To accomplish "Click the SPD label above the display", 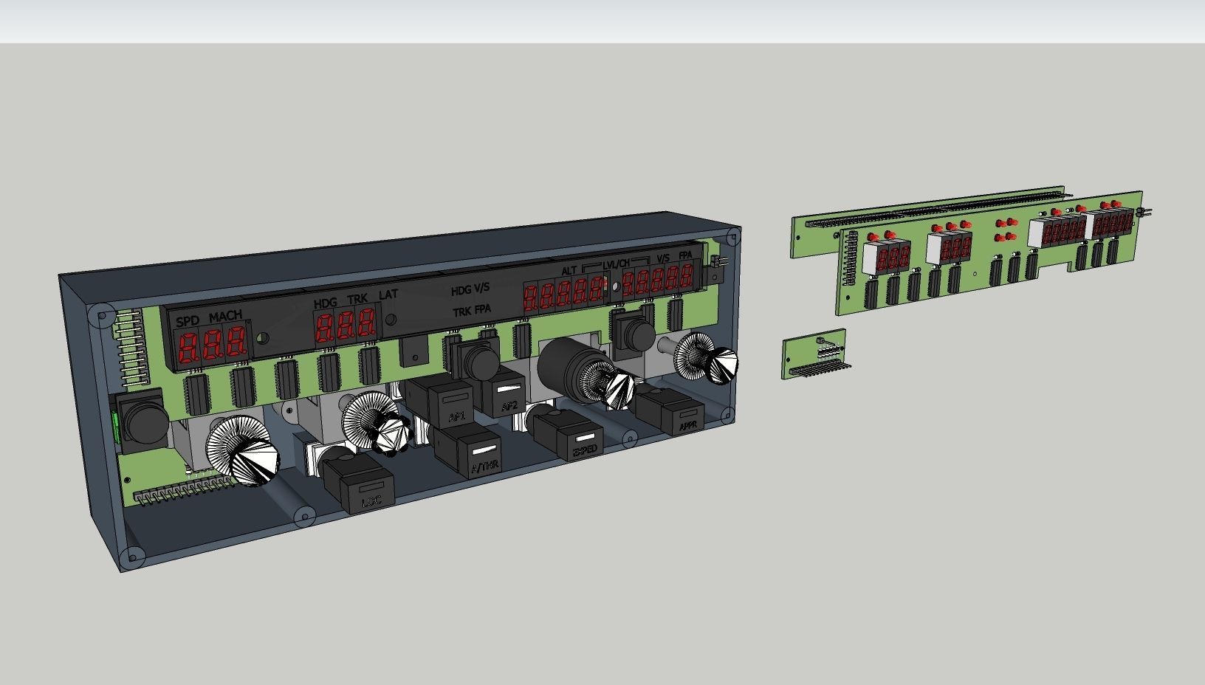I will click(188, 321).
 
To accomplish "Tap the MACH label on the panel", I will click(225, 317).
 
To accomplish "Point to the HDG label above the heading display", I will click(325, 303).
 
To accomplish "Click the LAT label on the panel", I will click(388, 295).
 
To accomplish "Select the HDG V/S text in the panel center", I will click(470, 290).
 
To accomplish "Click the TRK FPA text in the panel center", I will click(471, 311).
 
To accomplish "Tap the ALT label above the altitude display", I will click(569, 271).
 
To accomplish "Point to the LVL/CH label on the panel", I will click(616, 264).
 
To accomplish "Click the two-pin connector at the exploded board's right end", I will click(1146, 213).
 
